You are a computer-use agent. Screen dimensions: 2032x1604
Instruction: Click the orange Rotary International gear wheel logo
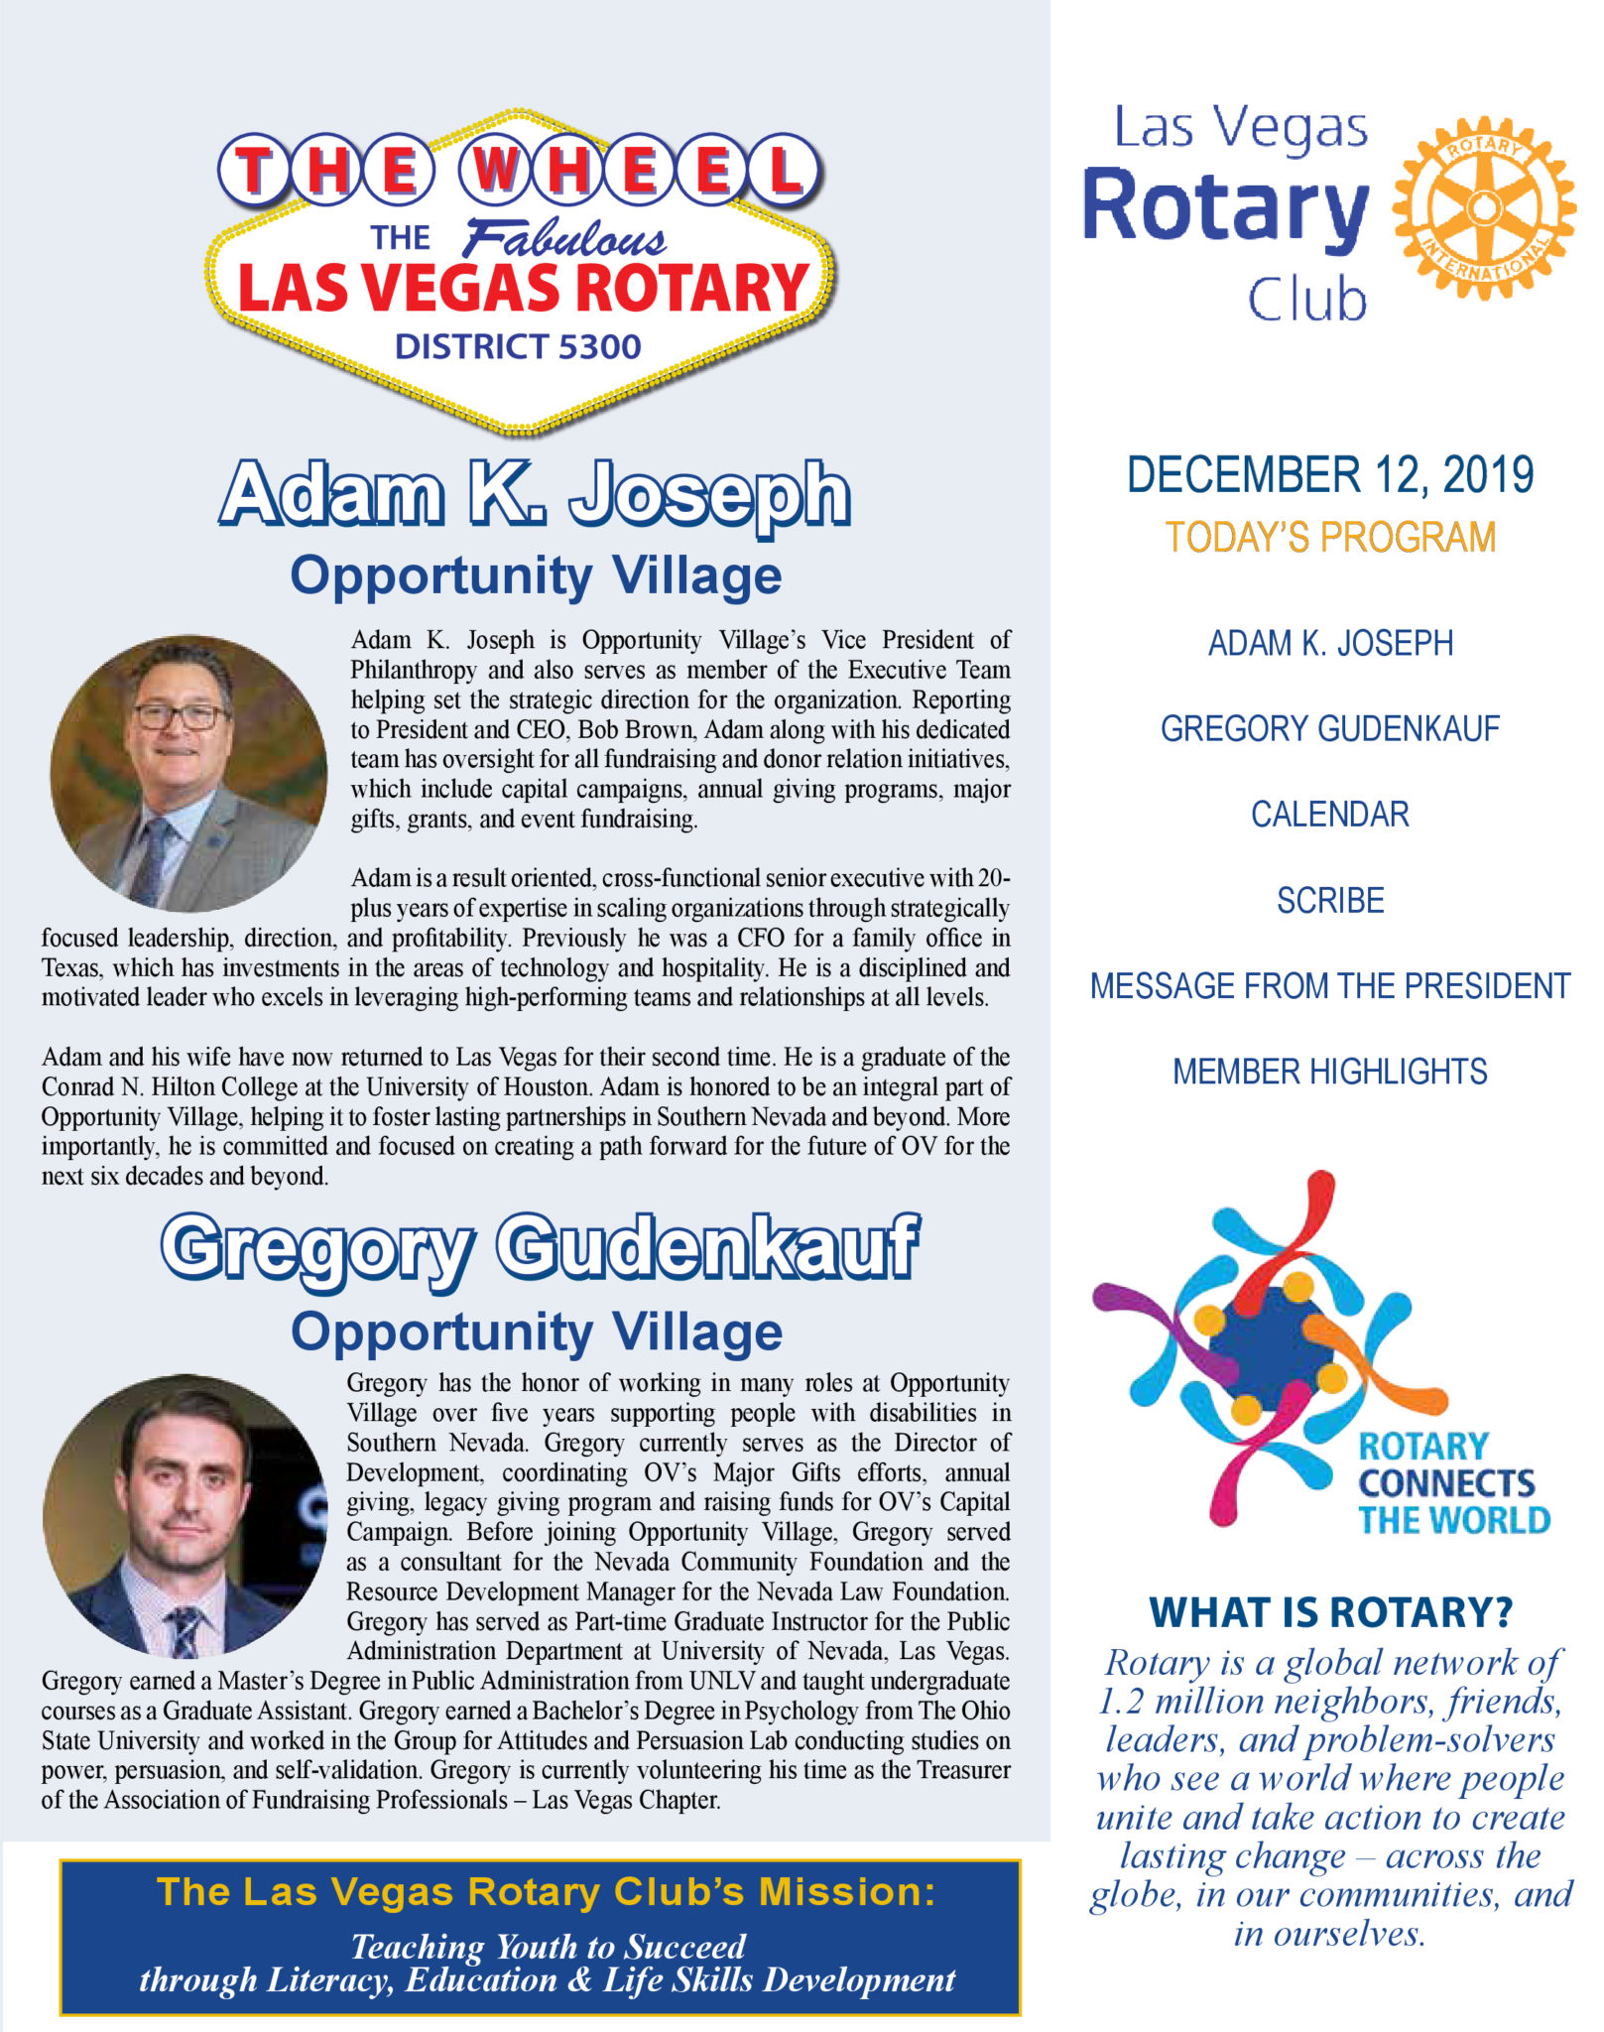click(x=1483, y=208)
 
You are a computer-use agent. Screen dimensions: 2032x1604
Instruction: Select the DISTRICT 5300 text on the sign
click(x=518, y=347)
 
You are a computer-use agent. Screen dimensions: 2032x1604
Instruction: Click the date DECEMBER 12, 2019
click(x=1329, y=475)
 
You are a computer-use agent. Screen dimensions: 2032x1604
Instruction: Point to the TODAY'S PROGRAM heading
click(x=1329, y=538)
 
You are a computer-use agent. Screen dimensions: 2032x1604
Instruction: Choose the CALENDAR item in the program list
click(x=1329, y=815)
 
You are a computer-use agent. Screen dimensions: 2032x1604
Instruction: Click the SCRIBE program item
click(x=1329, y=901)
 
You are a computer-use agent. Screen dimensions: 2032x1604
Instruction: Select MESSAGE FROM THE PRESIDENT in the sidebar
click(x=1329, y=986)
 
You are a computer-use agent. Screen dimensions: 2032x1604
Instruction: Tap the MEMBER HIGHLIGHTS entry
click(x=1329, y=1073)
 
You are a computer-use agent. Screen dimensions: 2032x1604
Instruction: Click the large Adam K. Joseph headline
click(x=536, y=494)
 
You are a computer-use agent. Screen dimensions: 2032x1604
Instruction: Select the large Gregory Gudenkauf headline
click(x=540, y=1248)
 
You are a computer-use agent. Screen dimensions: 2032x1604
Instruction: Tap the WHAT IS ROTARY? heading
click(x=1330, y=1613)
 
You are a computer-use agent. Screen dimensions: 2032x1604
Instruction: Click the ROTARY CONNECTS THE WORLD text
click(x=1451, y=1483)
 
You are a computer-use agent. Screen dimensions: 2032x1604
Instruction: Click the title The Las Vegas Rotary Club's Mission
click(x=546, y=1892)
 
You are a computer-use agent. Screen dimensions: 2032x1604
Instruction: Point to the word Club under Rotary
click(x=1307, y=300)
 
